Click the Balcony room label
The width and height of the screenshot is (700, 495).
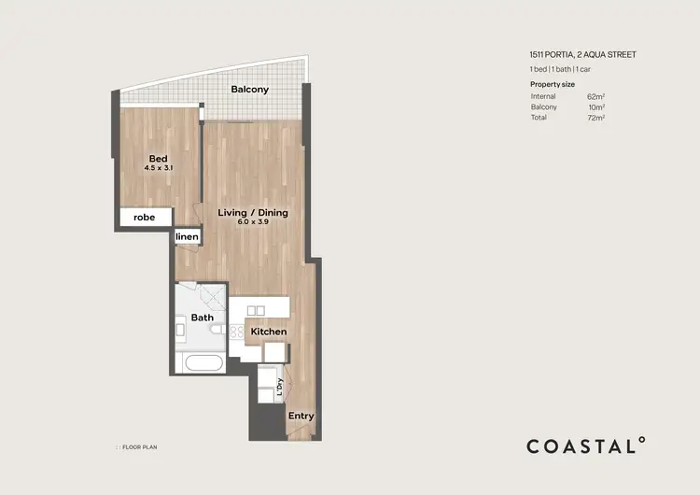click(x=249, y=90)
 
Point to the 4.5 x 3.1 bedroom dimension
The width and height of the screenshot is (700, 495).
click(x=159, y=168)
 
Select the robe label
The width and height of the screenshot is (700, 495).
click(x=145, y=217)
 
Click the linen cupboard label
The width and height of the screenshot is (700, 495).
click(x=188, y=237)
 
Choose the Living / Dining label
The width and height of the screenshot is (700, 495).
click(x=253, y=213)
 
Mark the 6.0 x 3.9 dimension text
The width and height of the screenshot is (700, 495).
click(x=253, y=223)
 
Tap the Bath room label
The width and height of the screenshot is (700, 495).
click(x=202, y=318)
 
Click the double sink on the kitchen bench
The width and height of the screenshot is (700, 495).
click(x=256, y=309)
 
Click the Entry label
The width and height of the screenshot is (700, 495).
click(x=301, y=416)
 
